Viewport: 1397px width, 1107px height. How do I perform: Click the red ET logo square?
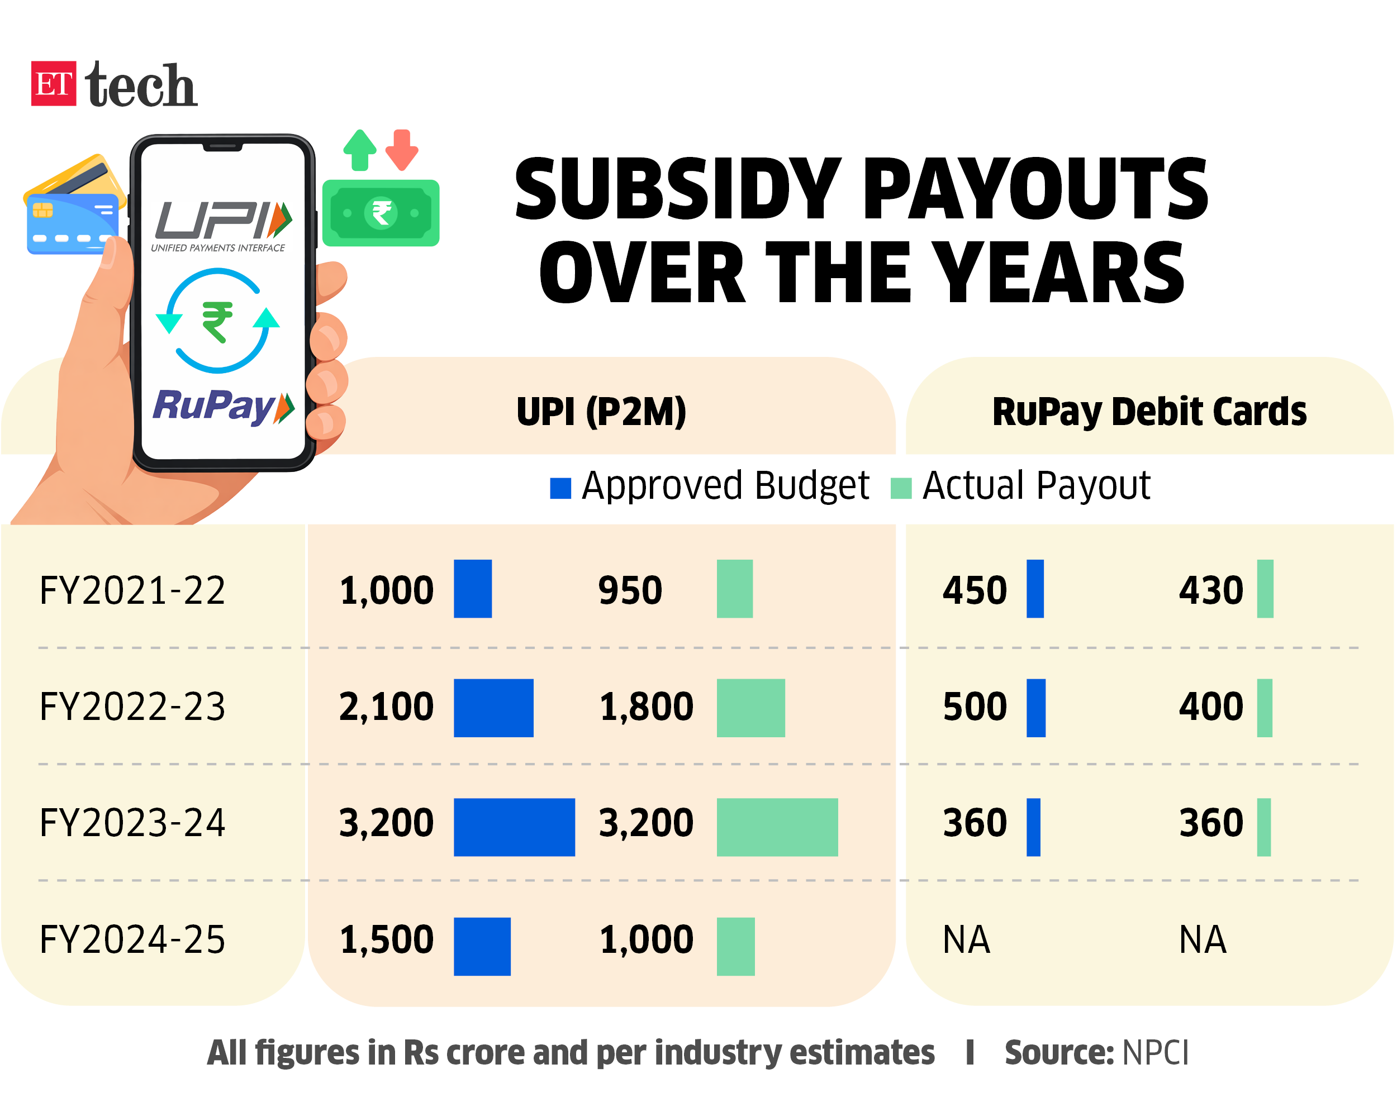(53, 84)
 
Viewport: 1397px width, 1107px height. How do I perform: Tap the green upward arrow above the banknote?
(360, 149)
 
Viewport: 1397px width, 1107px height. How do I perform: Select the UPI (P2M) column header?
(601, 412)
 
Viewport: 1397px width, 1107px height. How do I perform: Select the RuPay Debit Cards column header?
(1149, 412)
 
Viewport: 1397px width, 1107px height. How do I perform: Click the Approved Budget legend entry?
(710, 486)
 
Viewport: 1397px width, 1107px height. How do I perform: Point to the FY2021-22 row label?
(132, 590)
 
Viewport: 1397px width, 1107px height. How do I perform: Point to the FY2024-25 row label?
(132, 939)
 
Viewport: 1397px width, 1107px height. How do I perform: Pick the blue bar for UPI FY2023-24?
(514, 827)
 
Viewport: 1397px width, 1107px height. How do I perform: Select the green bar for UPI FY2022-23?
(750, 708)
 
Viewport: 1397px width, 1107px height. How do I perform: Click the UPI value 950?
(630, 590)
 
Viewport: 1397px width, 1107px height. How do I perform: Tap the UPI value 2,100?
(386, 707)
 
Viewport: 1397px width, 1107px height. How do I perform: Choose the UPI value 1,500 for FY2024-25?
(386, 939)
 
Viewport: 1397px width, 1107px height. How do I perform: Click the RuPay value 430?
(1210, 590)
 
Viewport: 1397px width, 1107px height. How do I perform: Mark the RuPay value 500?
(975, 707)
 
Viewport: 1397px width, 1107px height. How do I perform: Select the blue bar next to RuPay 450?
(1035, 589)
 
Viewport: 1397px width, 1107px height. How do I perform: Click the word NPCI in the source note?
(1155, 1053)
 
